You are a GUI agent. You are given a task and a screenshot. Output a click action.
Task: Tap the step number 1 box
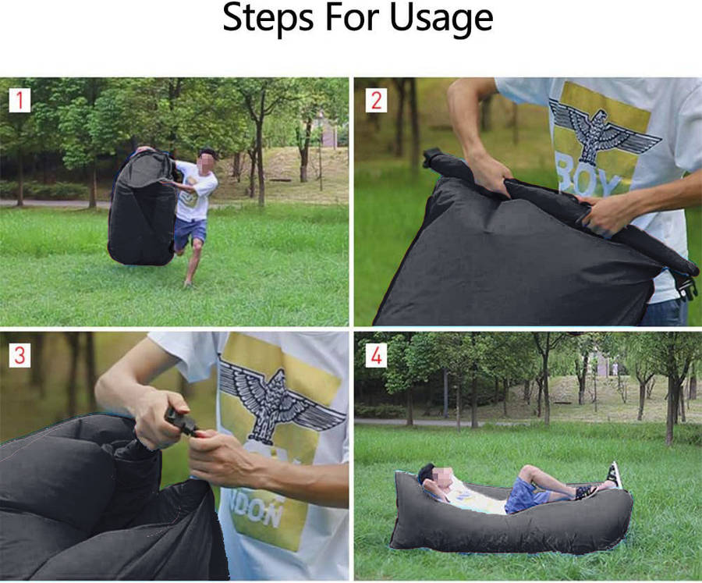pyautogui.click(x=19, y=101)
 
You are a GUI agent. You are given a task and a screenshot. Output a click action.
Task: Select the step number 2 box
pyautogui.click(x=377, y=101)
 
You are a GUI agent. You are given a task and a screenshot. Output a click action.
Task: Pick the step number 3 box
pyautogui.click(x=19, y=356)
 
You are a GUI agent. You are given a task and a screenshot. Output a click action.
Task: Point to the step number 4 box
pyautogui.click(x=377, y=356)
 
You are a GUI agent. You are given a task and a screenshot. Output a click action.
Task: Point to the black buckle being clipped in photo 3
pyautogui.click(x=182, y=421)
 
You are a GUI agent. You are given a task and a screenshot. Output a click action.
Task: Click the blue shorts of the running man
pyautogui.click(x=190, y=232)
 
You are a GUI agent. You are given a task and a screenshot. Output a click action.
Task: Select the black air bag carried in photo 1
pyautogui.click(x=142, y=207)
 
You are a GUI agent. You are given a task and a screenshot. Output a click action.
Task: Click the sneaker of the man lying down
pyautogui.click(x=614, y=474)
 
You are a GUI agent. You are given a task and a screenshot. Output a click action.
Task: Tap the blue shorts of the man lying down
pyautogui.click(x=524, y=496)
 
